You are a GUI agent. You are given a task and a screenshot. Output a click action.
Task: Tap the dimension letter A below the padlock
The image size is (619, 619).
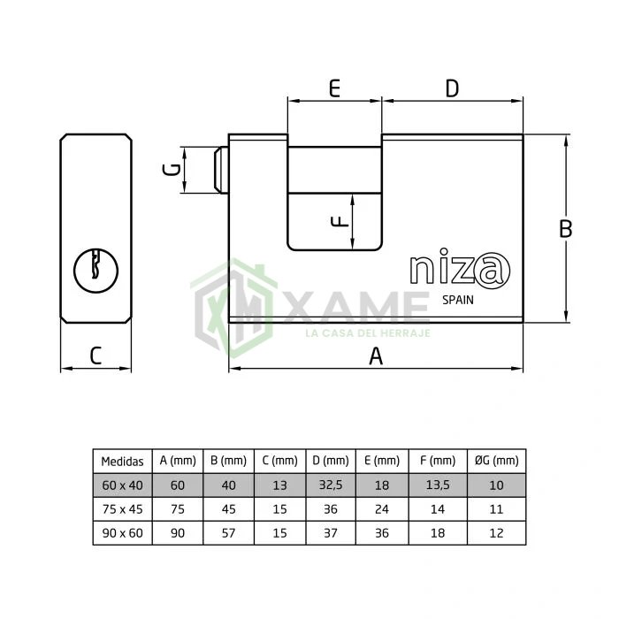(x=376, y=356)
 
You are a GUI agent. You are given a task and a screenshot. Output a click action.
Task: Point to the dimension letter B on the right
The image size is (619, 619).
(x=566, y=228)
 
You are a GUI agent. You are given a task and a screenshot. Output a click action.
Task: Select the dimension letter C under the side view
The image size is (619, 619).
(x=96, y=355)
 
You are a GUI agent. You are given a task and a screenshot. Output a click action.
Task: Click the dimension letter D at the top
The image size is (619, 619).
(x=452, y=88)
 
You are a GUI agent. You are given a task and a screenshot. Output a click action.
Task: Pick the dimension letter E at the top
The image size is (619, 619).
(x=334, y=88)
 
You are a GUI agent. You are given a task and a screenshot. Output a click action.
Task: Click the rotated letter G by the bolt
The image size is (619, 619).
(x=172, y=170)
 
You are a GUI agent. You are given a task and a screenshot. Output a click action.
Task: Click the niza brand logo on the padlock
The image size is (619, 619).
(x=460, y=269)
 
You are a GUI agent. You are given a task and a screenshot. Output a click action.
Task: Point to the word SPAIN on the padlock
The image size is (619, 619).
(x=457, y=300)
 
